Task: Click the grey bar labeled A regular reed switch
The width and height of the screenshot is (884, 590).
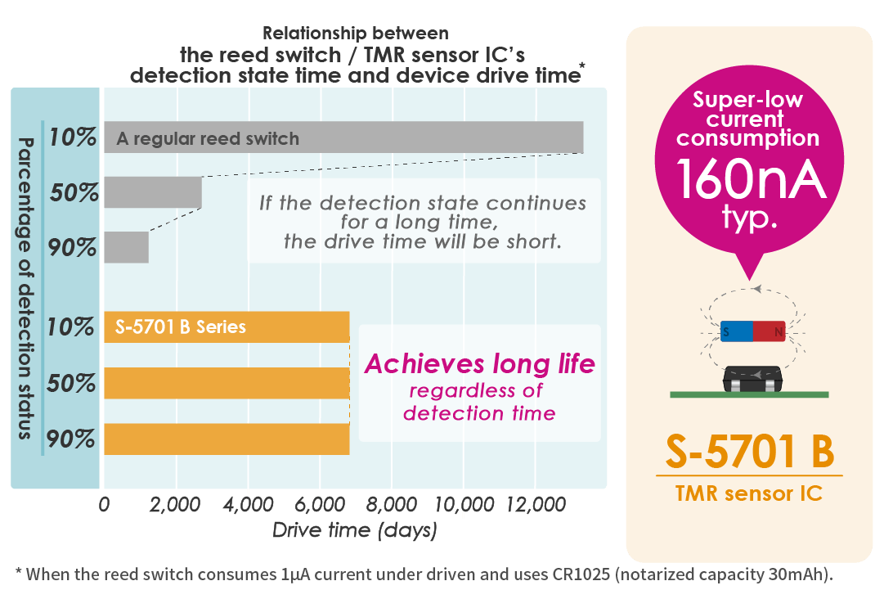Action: pos(343,137)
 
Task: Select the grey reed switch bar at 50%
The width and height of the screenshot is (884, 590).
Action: pos(153,192)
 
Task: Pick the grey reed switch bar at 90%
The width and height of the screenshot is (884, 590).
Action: pos(126,247)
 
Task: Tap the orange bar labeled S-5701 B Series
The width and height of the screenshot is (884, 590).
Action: pos(227,327)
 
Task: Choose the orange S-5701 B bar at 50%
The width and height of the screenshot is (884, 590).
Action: pos(227,383)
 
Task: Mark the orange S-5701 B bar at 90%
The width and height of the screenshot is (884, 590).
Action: pos(227,439)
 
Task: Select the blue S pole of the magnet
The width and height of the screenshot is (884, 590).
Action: pos(736,331)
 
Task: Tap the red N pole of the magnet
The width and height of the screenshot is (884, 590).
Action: pos(770,331)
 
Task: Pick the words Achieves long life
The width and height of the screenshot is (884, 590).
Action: pos(480,364)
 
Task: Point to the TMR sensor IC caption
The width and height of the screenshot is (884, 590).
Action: pos(749,493)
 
